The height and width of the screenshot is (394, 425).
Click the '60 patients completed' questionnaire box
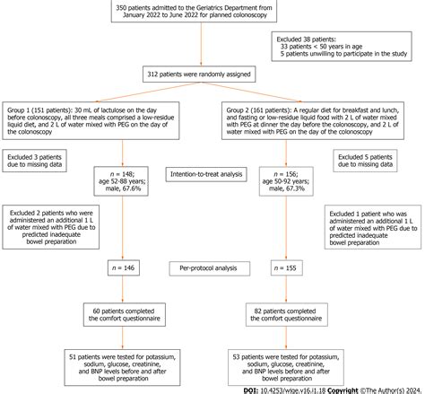(x=120, y=315)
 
